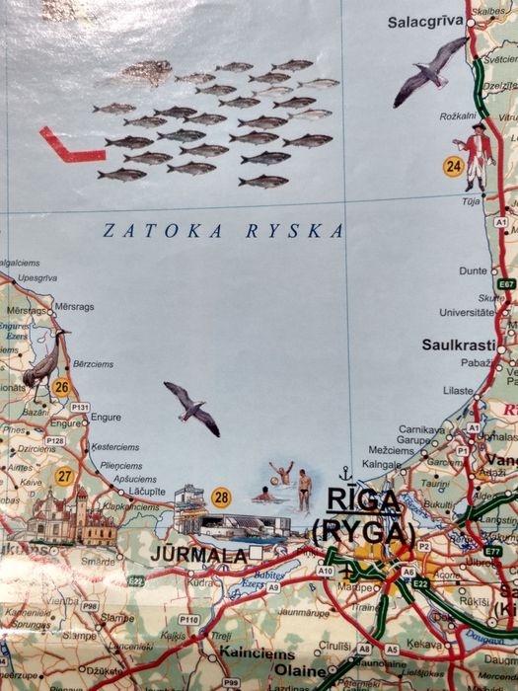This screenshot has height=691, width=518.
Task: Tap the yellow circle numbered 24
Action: click(453, 166)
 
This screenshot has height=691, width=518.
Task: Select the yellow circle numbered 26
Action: click(61, 387)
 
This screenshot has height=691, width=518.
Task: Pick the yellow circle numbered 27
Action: click(65, 476)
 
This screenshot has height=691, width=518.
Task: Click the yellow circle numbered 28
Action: click(221, 498)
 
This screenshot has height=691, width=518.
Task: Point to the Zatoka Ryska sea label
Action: click(224, 231)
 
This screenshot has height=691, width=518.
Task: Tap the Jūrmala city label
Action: click(197, 556)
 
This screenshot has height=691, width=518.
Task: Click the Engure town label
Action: click(106, 418)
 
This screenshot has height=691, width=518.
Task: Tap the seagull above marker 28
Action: click(192, 407)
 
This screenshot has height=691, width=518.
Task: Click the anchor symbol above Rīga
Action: click(345, 474)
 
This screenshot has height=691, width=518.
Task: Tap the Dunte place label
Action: click(474, 269)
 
